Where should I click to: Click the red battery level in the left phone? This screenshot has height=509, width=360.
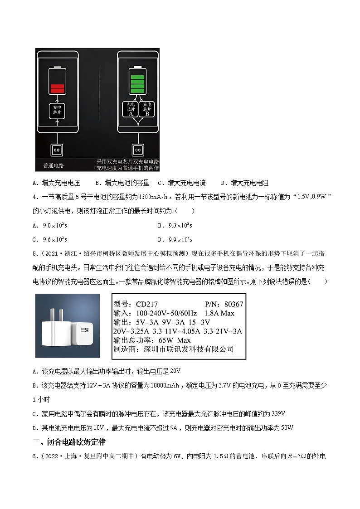click(x=57, y=89)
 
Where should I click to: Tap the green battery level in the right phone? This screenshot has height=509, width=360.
click(x=137, y=81)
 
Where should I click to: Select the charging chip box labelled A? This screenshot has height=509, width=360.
click(x=131, y=109)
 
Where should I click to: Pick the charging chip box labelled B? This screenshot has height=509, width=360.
click(x=146, y=109)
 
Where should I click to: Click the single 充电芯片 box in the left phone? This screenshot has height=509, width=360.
click(x=57, y=110)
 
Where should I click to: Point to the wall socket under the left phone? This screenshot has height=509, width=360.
click(x=57, y=149)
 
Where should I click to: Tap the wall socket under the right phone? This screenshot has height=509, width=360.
click(x=137, y=149)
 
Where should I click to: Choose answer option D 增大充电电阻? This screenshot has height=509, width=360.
click(x=245, y=183)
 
